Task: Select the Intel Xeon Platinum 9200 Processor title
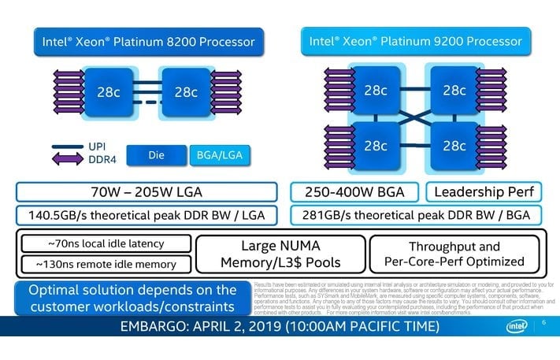(416, 41)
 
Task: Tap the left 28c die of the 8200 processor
(108, 91)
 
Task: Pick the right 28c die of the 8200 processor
(186, 91)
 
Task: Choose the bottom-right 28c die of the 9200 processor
(454, 147)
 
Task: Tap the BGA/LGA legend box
(220, 156)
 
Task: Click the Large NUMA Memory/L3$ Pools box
(276, 254)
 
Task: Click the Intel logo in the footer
(516, 327)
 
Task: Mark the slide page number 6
(544, 323)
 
